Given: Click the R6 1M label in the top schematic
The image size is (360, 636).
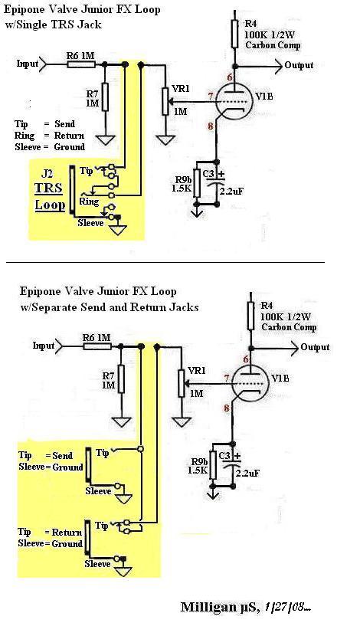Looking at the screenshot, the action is pyautogui.click(x=80, y=55).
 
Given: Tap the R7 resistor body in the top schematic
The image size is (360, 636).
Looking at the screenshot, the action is pyautogui.click(x=106, y=97).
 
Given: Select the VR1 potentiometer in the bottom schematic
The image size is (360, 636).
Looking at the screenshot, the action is pyautogui.click(x=182, y=383).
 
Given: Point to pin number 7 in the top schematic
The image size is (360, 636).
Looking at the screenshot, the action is pyautogui.click(x=210, y=96).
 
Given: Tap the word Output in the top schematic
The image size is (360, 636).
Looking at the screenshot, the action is pyautogui.click(x=299, y=65).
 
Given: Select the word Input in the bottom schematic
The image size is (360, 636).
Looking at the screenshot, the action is pyautogui.click(x=44, y=346).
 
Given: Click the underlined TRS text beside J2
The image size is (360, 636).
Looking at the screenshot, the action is pyautogui.click(x=49, y=189).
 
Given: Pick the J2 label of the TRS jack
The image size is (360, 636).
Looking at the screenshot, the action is pyautogui.click(x=47, y=175).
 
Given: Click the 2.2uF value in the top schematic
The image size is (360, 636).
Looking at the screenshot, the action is pyautogui.click(x=231, y=191).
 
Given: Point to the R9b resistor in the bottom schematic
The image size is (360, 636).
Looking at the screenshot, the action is pyautogui.click(x=212, y=465).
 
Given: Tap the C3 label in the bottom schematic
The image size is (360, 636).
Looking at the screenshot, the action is pyautogui.click(x=225, y=455).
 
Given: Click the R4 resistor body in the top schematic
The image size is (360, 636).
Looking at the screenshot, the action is pyautogui.click(x=234, y=34).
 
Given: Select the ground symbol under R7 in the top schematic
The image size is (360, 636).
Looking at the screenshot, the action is pyautogui.click(x=106, y=139).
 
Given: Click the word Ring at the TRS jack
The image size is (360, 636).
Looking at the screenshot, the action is pyautogui.click(x=89, y=202).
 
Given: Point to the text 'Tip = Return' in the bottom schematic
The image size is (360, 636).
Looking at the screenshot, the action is pyautogui.click(x=51, y=532).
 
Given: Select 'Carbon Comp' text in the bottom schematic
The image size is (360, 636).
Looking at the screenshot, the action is pyautogui.click(x=289, y=327).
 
